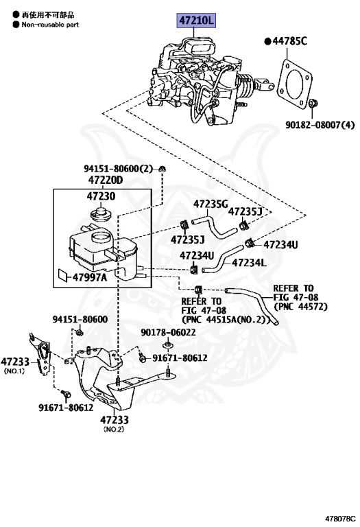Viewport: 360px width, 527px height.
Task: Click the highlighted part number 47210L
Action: [196, 21]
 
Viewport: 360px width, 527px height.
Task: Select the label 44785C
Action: [290, 41]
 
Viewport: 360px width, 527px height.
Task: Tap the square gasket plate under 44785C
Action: [295, 84]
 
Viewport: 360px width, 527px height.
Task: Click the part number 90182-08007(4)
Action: [320, 125]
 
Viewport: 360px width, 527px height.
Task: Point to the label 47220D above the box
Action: [106, 180]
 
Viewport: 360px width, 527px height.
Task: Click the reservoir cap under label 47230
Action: [101, 214]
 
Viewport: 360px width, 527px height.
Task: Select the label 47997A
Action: [90, 277]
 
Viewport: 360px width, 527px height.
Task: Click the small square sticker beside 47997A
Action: [63, 274]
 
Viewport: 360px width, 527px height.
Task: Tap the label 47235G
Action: [211, 204]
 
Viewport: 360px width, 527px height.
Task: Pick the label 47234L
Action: [249, 263]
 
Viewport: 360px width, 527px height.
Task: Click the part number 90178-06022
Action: [168, 332]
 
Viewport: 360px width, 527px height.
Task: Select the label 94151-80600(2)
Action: [118, 169]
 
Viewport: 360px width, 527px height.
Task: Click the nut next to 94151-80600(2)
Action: [163, 169]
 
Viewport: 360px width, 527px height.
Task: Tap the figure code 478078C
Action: [340, 519]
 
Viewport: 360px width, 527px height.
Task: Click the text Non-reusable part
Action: [50, 25]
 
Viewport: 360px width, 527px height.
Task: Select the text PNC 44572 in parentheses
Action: [300, 307]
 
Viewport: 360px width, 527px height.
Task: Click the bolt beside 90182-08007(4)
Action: [313, 104]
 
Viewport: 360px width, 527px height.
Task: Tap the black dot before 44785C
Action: [267, 42]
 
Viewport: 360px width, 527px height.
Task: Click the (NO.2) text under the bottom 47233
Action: [114, 429]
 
